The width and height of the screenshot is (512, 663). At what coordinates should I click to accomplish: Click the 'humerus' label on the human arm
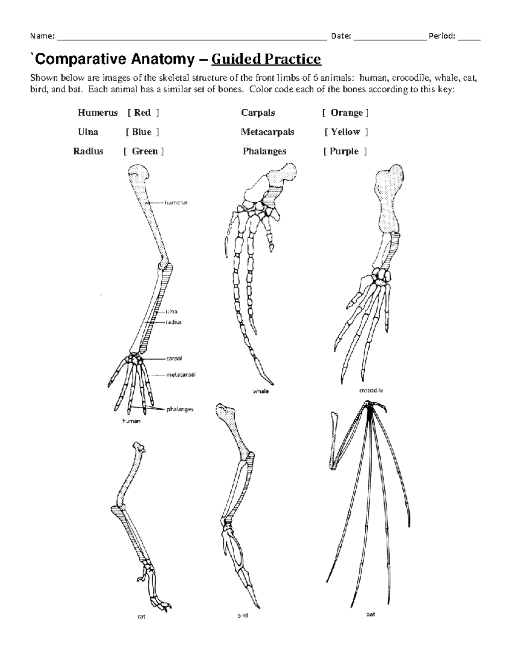(176, 203)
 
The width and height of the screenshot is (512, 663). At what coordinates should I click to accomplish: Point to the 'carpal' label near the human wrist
(174, 359)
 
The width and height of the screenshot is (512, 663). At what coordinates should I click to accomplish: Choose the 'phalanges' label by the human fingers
(180, 409)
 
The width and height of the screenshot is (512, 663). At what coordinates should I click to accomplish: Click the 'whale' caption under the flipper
(260, 391)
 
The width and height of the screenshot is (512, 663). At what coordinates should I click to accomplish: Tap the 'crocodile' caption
(371, 390)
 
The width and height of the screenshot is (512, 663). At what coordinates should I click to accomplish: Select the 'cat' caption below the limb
(141, 616)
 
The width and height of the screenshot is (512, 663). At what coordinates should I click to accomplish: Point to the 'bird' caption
(242, 616)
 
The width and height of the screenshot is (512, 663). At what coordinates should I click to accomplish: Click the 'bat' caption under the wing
(370, 614)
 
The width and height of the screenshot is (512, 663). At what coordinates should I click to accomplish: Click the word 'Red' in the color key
(142, 113)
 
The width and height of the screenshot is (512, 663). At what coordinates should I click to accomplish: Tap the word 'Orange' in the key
(346, 113)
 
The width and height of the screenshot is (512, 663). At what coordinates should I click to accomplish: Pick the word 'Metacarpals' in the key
(267, 132)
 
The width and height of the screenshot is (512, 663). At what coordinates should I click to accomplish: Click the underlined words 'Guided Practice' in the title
(266, 59)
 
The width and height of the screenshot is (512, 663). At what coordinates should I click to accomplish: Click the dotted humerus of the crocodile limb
(388, 201)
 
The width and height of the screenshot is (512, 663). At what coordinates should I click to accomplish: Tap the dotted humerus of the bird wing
(235, 431)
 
